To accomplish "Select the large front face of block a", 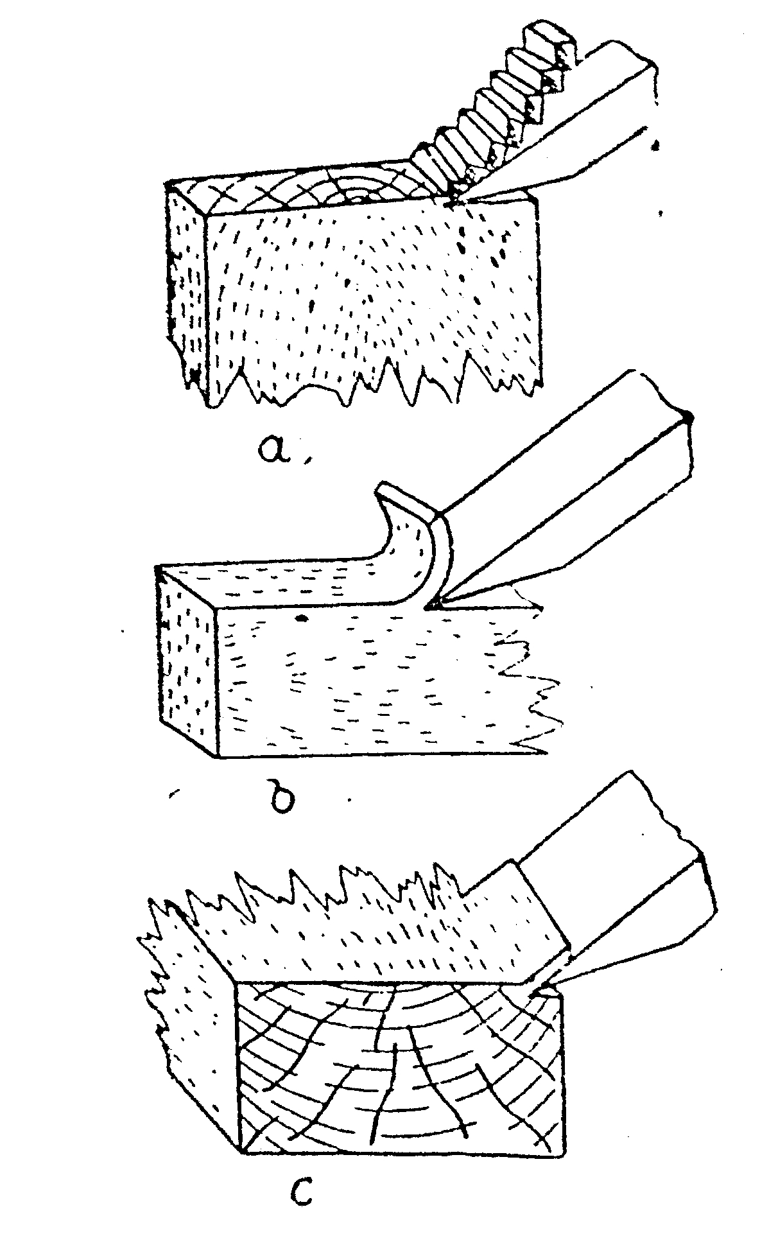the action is click(372, 295).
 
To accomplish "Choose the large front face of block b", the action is click(379, 681).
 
